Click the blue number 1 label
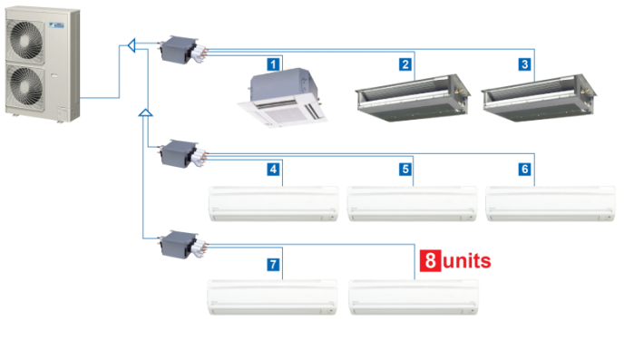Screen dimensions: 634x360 [x=273, y=64]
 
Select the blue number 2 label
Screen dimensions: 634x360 [x=405, y=64]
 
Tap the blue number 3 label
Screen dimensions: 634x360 [x=525, y=64]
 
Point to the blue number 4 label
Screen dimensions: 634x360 [x=273, y=169]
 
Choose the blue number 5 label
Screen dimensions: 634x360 [x=405, y=169]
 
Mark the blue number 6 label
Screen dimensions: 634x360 [x=525, y=169]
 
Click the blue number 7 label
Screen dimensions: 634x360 [x=273, y=264]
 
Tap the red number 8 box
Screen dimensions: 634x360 [x=430, y=260]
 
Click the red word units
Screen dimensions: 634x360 [x=467, y=261]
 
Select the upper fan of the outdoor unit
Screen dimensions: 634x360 [x=26, y=39]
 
